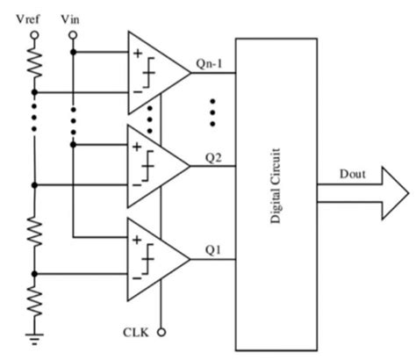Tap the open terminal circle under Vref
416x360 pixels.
[35, 36]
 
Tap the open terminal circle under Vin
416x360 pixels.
[73, 36]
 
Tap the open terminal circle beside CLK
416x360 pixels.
[161, 333]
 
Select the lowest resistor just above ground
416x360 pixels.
[35, 303]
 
